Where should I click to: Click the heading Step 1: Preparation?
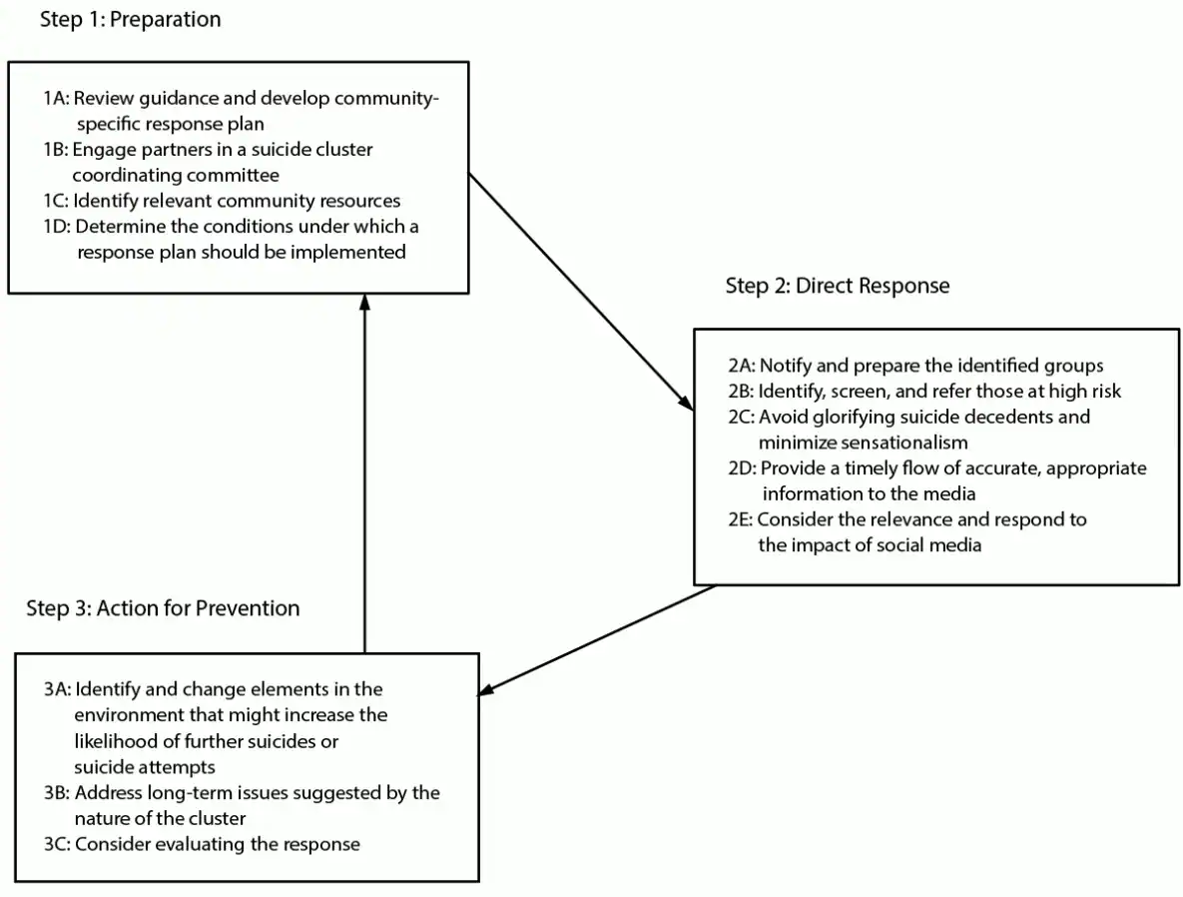pyautogui.click(x=130, y=20)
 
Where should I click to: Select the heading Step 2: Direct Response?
pyautogui.click(x=838, y=286)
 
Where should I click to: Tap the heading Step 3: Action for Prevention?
pyautogui.click(x=163, y=607)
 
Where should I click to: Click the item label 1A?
pyautogui.click(x=57, y=99)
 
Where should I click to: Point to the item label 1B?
pyautogui.click(x=56, y=150)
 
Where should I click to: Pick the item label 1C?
pyautogui.click(x=56, y=201)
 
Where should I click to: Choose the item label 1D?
pyautogui.click(x=57, y=226)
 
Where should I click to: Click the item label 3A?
pyautogui.click(x=57, y=689)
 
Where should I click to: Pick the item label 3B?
pyautogui.click(x=57, y=793)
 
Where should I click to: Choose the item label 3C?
pyautogui.click(x=57, y=844)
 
